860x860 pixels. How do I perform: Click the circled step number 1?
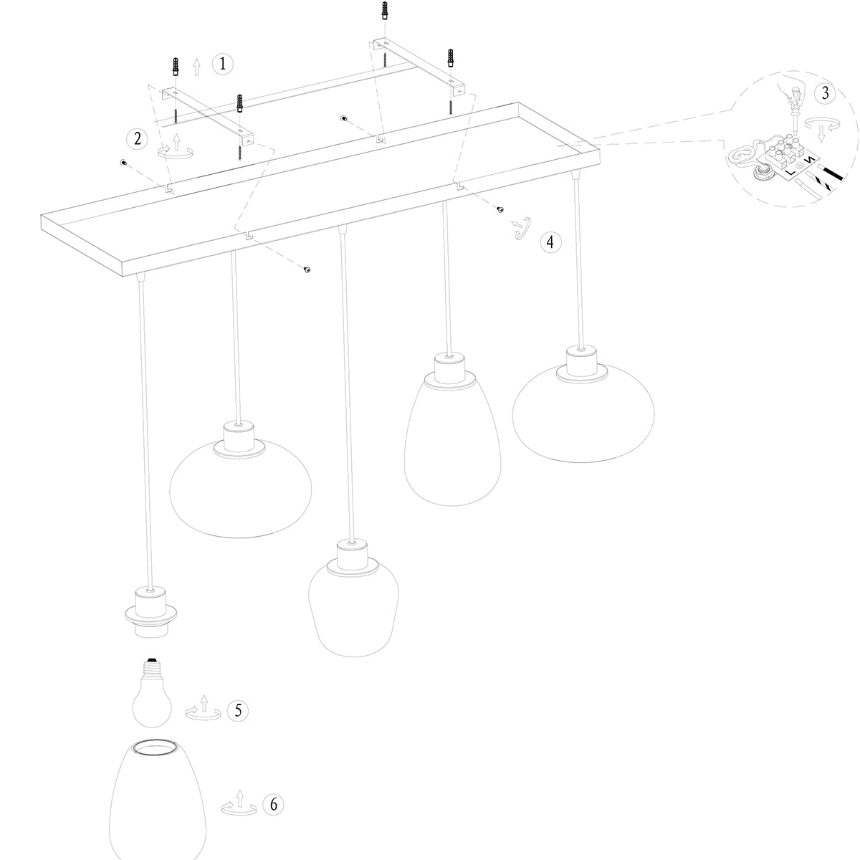coord(222,64)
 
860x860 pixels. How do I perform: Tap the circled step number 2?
coord(137,139)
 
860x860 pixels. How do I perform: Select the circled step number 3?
coord(825,93)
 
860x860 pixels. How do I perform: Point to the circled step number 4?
coord(550,242)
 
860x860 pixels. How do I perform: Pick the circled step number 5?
coord(238,710)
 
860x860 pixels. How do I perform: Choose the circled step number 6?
coord(273,804)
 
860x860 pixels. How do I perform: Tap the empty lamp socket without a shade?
coord(150,613)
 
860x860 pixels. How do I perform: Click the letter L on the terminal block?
coord(790,172)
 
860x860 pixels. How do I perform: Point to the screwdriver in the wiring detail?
coord(794,112)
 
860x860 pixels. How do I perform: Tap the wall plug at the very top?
coord(385,11)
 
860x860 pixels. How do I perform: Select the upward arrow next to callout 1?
coord(196,67)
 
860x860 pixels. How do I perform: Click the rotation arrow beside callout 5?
coord(204,708)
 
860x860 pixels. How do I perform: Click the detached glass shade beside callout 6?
coord(158,799)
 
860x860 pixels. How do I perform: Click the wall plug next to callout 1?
coord(176,67)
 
